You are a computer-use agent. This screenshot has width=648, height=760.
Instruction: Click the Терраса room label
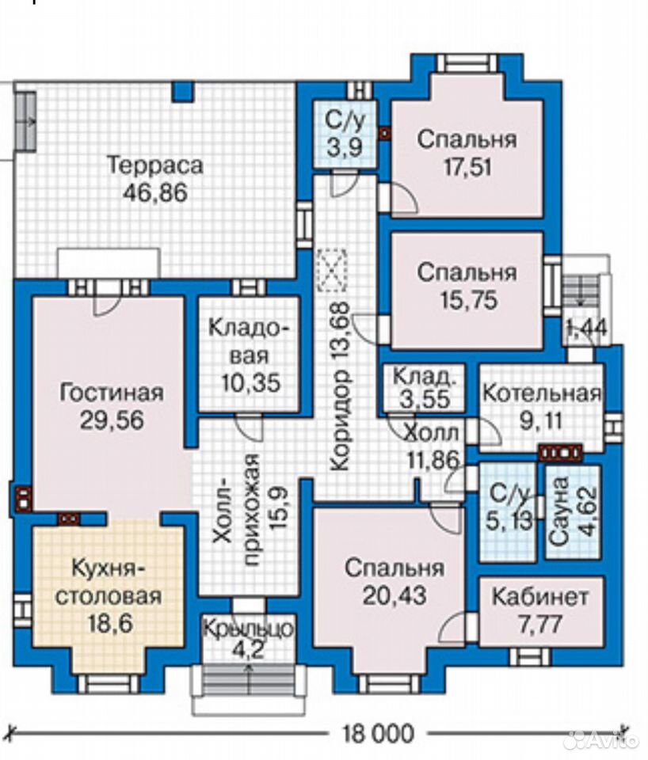pyautogui.click(x=154, y=165)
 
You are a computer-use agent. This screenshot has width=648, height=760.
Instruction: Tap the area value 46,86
pyautogui.click(x=154, y=193)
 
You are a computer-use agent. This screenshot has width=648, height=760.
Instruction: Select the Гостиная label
pyautogui.click(x=112, y=392)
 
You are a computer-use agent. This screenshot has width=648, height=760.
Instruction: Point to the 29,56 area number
pyautogui.click(x=112, y=420)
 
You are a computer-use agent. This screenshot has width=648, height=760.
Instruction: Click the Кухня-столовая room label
pyautogui.click(x=109, y=582)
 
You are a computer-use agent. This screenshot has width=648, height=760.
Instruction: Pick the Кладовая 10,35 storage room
pyautogui.click(x=250, y=355)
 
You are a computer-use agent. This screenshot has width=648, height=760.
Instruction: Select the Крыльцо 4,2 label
pyautogui.click(x=248, y=639)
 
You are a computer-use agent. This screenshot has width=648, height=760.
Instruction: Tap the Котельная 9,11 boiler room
pyautogui.click(x=542, y=407)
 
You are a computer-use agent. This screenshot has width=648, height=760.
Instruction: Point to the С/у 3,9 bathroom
pyautogui.click(x=345, y=134)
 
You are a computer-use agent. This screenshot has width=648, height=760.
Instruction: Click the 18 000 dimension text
pyautogui.click(x=379, y=733)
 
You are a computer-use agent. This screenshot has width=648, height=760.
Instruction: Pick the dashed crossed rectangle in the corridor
pyautogui.click(x=332, y=271)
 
